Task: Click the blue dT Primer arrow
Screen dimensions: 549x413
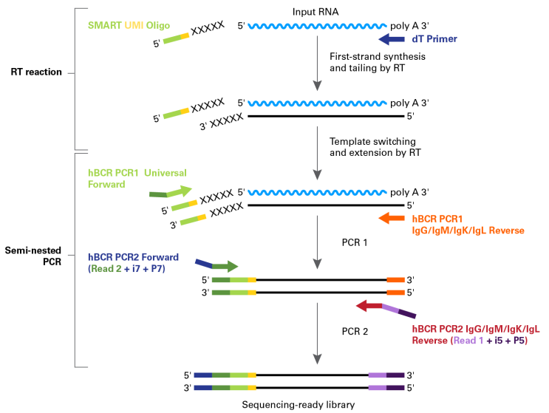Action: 392,39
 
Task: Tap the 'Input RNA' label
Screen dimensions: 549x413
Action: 316,12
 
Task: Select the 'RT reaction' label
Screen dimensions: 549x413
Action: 36,72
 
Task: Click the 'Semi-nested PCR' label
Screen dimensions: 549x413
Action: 33,256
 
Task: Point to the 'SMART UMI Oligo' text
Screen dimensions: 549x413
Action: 129,25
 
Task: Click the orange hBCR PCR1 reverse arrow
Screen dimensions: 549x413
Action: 392,218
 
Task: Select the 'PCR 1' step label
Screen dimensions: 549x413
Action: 355,242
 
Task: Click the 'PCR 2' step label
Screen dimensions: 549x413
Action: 355,332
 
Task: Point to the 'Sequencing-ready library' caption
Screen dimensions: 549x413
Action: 299,405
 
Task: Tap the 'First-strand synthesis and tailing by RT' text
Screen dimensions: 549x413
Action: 378,62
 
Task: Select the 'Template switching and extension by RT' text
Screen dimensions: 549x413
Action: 375,147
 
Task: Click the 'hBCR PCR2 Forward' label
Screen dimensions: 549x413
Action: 133,257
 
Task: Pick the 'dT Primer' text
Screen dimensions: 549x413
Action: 434,39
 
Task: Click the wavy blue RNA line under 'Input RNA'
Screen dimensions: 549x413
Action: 317,26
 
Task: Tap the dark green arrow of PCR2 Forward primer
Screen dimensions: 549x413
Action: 225,267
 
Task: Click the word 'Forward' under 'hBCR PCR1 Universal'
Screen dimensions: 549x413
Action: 106,185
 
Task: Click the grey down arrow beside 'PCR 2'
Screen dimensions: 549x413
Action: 317,333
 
